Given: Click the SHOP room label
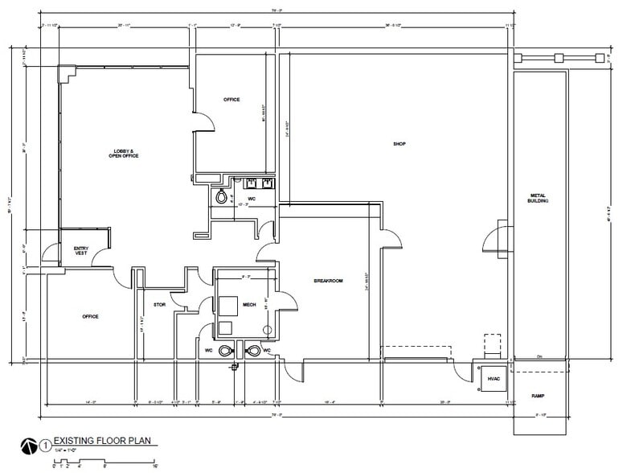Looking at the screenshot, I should pos(399,145).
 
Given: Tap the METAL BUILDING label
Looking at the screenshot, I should pos(539,198).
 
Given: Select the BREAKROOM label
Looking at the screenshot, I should pos(328,281).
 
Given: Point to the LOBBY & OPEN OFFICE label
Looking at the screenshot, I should pos(124,154).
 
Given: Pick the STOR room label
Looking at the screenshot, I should pos(159,305).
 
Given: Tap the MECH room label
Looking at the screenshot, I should pos(248,305).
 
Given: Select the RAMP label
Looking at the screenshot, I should pos(539,397).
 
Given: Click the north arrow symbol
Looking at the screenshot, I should pos(30,442).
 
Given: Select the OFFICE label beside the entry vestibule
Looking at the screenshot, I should pos(90,316).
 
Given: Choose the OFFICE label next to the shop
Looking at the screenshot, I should pos(231,99).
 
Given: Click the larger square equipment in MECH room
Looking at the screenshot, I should pos(227,305).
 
